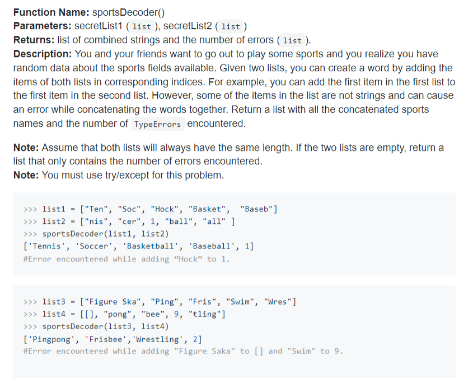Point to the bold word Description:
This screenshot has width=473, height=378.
click(41, 54)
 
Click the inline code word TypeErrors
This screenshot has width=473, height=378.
click(157, 124)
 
